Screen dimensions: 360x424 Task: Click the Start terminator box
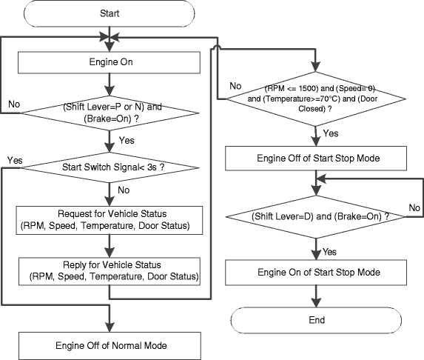tap(109, 13)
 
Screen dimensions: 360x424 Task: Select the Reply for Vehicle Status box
tap(109, 271)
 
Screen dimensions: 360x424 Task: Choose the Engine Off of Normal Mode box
tap(109, 345)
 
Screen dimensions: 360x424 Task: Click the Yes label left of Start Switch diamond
tap(13, 160)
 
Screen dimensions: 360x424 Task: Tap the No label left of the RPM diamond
tap(235, 86)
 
